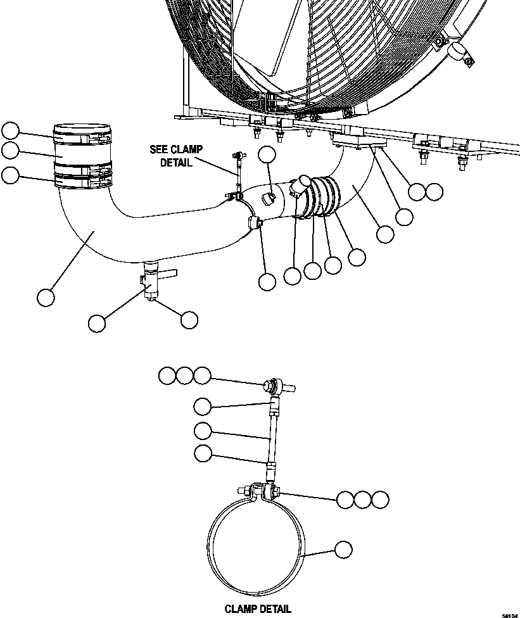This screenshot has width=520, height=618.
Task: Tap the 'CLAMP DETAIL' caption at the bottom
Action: pos(258,609)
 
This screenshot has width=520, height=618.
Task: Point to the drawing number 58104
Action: pos(509,614)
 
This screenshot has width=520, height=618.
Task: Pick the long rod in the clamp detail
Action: pos(273,436)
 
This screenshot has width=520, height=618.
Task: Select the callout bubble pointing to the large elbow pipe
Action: pos(46,296)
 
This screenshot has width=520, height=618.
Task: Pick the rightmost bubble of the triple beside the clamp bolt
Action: pos(379,499)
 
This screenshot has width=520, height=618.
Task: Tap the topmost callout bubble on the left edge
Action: pos(10,131)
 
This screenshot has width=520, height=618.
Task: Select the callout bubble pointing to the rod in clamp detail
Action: pos(203,431)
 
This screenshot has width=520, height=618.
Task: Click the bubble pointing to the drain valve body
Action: pos(96,323)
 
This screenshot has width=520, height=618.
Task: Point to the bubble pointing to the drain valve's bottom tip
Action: pos(189,320)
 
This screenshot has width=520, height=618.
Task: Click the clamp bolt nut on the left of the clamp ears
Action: pos(244,491)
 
